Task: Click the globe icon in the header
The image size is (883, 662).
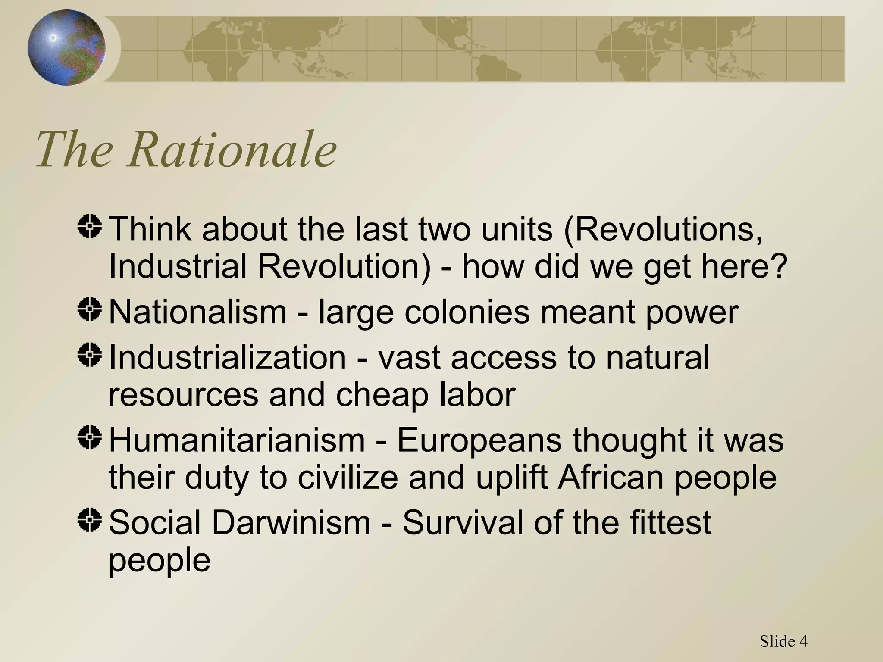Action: pyautogui.click(x=66, y=47)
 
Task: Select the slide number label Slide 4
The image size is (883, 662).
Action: pyautogui.click(x=783, y=641)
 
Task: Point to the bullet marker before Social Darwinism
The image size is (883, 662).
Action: pyautogui.click(x=90, y=519)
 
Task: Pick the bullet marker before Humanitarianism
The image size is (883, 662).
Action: pyautogui.click(x=90, y=437)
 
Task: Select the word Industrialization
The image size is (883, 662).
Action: pyautogui.click(x=227, y=357)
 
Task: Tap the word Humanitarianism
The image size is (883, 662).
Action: pyautogui.click(x=237, y=440)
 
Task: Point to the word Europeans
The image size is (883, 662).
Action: pyautogui.click(x=479, y=440)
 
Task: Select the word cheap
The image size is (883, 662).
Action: pyautogui.click(x=382, y=396)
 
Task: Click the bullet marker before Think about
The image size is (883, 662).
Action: pyautogui.click(x=90, y=227)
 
